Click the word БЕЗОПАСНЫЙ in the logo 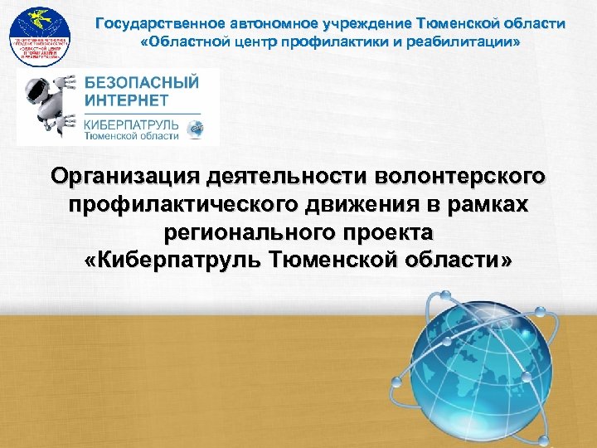tap(141, 83)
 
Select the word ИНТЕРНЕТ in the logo tap(125, 100)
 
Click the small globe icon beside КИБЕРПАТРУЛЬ tap(196, 129)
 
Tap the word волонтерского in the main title tap(461, 177)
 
